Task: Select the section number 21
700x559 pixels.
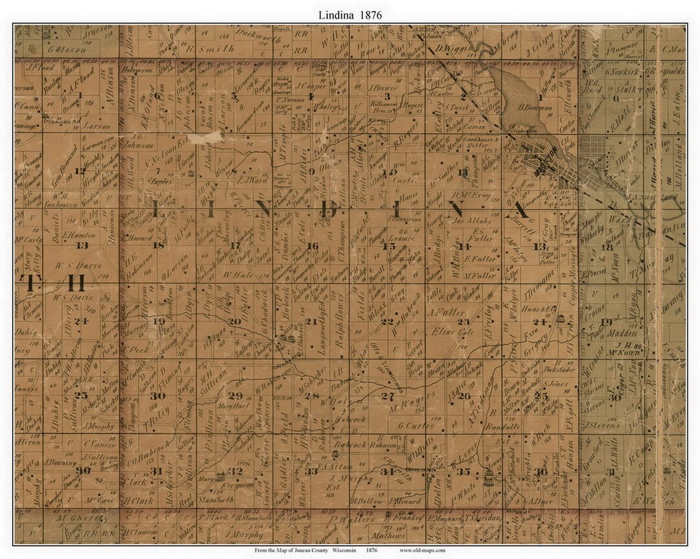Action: pyautogui.click(x=312, y=321)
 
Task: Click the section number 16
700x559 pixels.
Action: pyautogui.click(x=312, y=246)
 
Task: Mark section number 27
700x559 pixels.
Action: pyautogui.click(x=388, y=396)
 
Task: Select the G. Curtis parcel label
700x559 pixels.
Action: pyautogui.click(x=414, y=426)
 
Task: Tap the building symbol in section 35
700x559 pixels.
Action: pyautogui.click(x=489, y=481)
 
